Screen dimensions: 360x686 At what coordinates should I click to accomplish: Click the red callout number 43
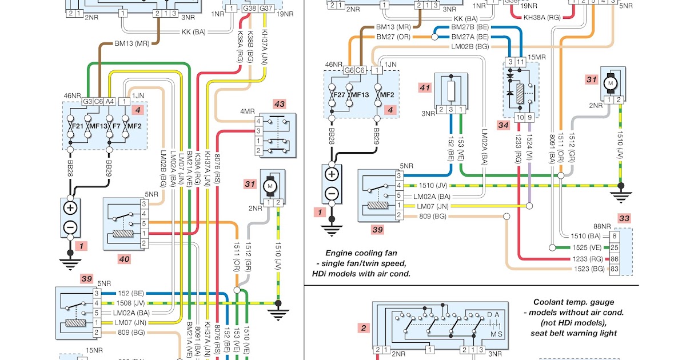click(279, 104)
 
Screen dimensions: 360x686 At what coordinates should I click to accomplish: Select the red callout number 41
click(424, 88)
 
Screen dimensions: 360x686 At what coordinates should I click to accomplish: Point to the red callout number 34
click(503, 125)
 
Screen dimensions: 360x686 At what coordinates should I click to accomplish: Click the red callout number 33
click(624, 218)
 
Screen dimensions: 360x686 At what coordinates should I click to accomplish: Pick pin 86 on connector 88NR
click(614, 258)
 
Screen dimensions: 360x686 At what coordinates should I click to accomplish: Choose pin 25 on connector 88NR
click(614, 247)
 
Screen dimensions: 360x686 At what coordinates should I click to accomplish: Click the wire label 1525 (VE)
click(588, 247)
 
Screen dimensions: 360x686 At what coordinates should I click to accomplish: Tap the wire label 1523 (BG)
click(588, 269)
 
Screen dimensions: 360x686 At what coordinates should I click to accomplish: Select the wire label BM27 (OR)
click(393, 37)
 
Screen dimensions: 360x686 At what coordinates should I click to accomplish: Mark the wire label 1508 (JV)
click(129, 303)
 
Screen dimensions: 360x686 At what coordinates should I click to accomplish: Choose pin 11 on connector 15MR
click(520, 61)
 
